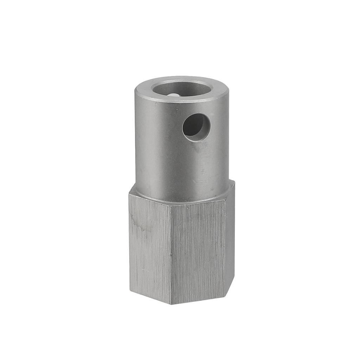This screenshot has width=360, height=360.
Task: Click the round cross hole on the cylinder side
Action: point(196,127)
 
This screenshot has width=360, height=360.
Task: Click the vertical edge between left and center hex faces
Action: point(171,253)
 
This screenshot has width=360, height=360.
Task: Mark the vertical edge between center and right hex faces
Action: point(225,246)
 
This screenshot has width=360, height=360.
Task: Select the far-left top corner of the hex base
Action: point(129,193)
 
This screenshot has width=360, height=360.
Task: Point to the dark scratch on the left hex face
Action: point(139,225)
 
